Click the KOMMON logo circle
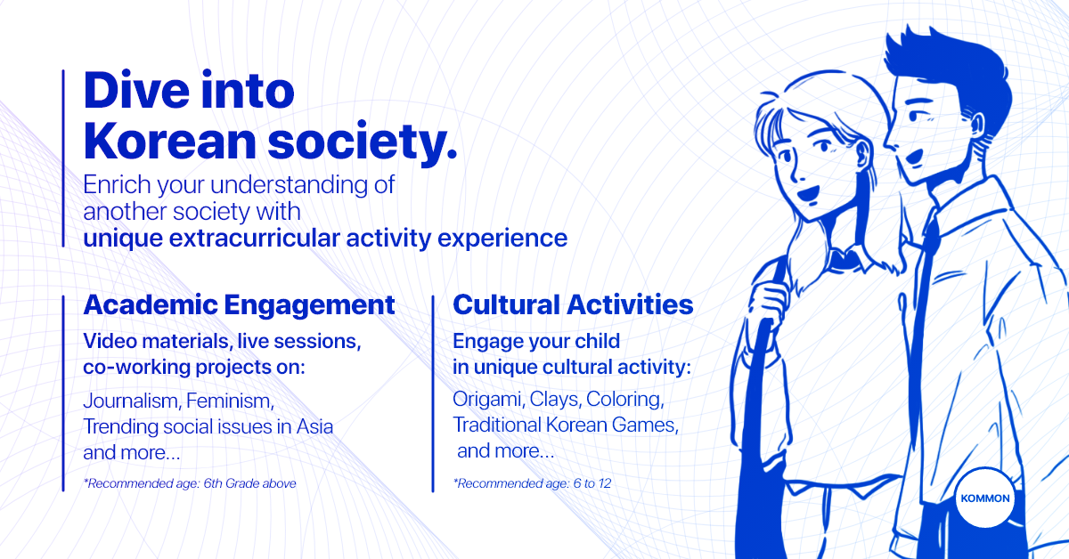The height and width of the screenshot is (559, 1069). [985, 498]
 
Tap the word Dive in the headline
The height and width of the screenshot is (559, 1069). [136, 90]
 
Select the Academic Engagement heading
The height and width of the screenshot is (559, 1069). [239, 305]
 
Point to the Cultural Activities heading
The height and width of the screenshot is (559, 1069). [573, 304]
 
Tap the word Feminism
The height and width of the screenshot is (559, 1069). [230, 401]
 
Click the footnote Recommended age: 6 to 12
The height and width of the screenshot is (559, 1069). [532, 483]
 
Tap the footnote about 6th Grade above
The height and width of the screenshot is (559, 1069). [190, 483]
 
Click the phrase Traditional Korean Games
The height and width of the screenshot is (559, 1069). [566, 425]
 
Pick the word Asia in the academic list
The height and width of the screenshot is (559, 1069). [314, 426]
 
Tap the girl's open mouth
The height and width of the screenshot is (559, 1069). [809, 194]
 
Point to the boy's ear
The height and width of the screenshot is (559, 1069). [977, 126]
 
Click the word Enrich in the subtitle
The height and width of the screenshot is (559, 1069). [117, 184]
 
